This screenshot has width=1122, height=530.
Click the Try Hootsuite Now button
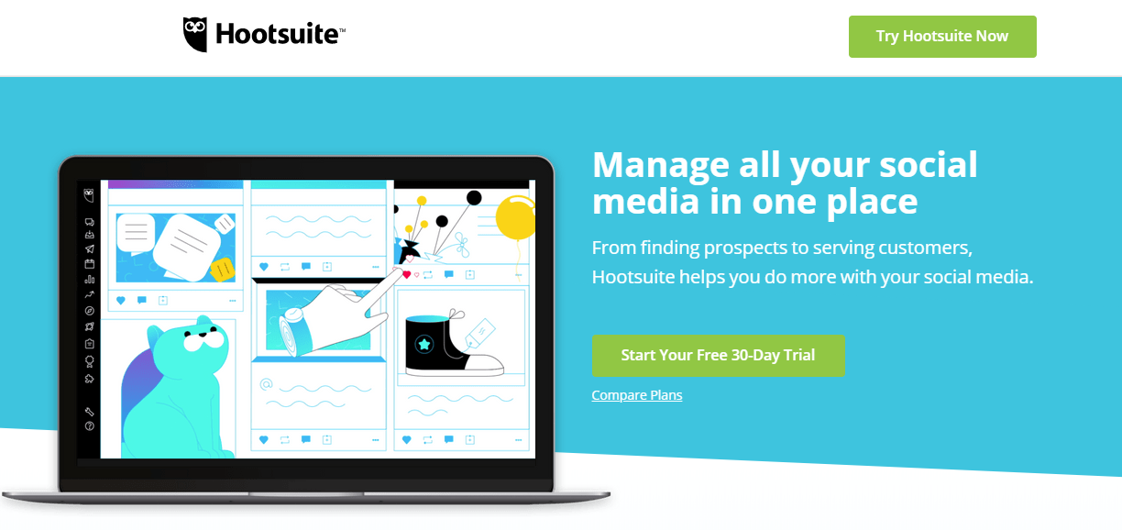click(x=942, y=37)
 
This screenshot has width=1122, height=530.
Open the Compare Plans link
click(x=637, y=395)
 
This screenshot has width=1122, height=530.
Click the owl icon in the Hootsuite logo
click(x=195, y=34)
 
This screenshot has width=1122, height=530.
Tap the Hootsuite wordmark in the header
click(x=280, y=34)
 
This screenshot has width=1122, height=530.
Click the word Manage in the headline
click(x=661, y=165)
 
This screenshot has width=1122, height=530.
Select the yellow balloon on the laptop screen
click(x=515, y=217)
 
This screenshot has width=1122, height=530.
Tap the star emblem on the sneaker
click(x=424, y=344)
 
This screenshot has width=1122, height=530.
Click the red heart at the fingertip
click(x=407, y=274)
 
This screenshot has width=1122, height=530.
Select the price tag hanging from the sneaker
click(x=479, y=332)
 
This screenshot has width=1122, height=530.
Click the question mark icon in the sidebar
click(x=90, y=426)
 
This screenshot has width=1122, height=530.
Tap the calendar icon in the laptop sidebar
click(x=90, y=264)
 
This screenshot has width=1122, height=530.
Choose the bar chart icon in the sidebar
click(x=90, y=280)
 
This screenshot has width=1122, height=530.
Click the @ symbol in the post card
click(x=267, y=384)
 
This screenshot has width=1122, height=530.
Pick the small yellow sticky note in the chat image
click(x=223, y=270)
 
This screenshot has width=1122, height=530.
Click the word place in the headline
click(x=872, y=202)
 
